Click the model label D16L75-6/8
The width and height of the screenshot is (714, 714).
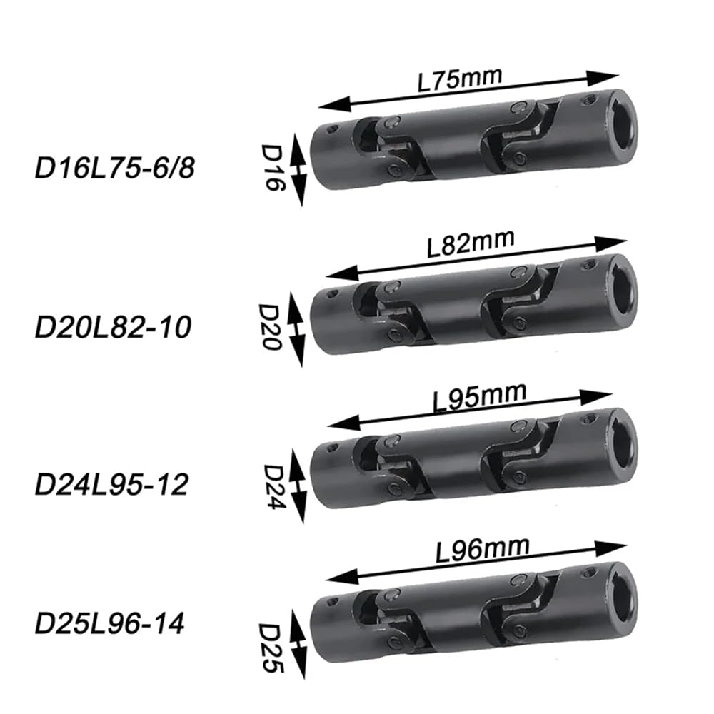[115, 168]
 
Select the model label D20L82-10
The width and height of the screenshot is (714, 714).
[113, 328]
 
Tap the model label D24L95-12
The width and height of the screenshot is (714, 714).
[111, 485]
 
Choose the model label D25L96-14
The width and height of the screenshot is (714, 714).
[110, 623]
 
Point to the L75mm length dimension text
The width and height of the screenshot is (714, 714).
[460, 80]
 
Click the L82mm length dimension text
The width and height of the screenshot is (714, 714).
[471, 243]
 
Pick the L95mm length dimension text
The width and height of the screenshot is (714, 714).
[479, 397]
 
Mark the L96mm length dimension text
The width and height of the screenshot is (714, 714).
[483, 549]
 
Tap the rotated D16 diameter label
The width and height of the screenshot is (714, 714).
[272, 168]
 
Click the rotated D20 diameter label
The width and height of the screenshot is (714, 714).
[270, 327]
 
